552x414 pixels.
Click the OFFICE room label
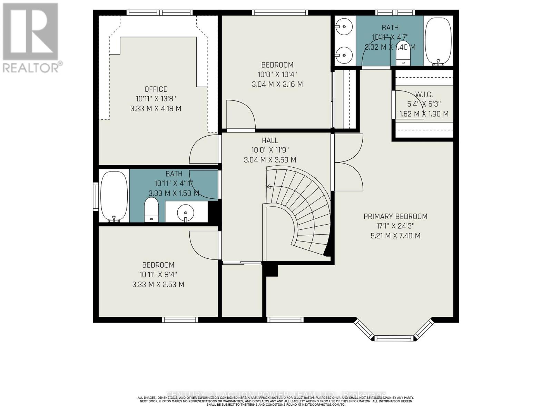point(156,89)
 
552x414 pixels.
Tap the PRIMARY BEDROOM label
point(395,216)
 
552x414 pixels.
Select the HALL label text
point(270,140)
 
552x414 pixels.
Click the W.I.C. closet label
point(424,94)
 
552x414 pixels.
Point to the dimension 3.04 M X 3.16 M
point(277,84)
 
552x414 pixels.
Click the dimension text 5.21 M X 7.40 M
point(395,236)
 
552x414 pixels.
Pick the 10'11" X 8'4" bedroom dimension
point(158,275)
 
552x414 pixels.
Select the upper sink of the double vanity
point(344,26)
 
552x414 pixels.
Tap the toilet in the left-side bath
point(151,210)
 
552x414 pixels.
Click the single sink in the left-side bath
point(186,211)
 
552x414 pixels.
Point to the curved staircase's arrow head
point(268,187)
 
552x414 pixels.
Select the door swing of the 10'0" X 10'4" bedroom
point(241,114)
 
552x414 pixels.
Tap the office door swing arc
point(204,149)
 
